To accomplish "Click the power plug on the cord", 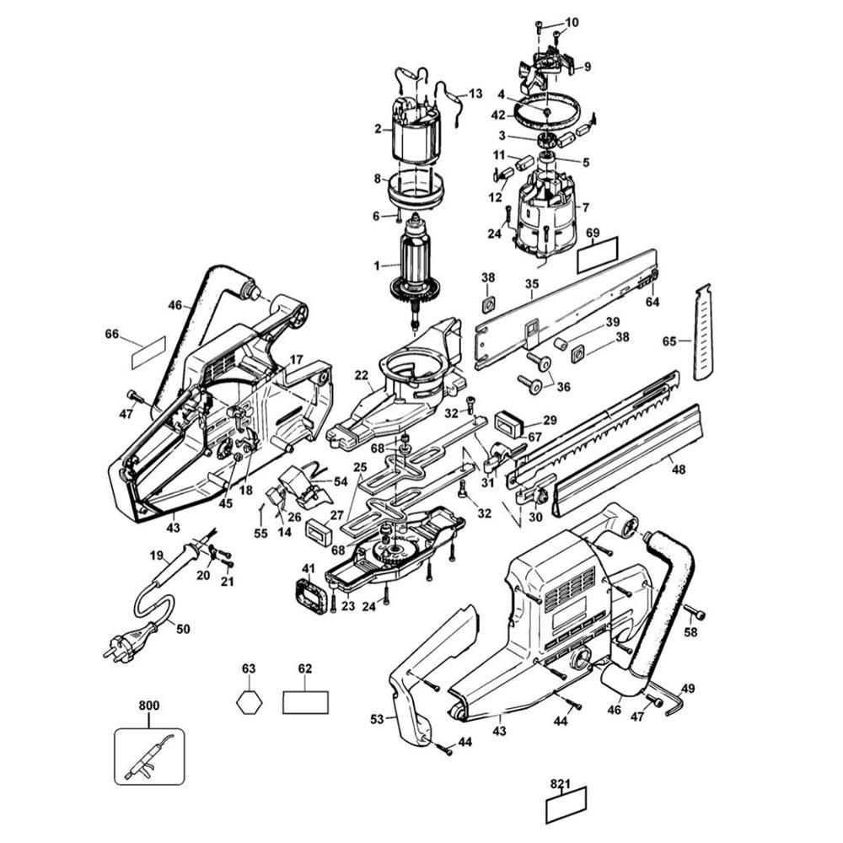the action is (129, 641).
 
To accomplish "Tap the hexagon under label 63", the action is (249, 702).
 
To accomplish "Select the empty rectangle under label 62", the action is (305, 702).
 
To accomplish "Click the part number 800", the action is (149, 705).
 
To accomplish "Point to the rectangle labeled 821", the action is (566, 805).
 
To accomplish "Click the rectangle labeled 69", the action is (598, 255).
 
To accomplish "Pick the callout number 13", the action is (475, 94).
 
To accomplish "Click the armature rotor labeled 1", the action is (415, 269).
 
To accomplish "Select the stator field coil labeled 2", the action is (417, 130).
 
